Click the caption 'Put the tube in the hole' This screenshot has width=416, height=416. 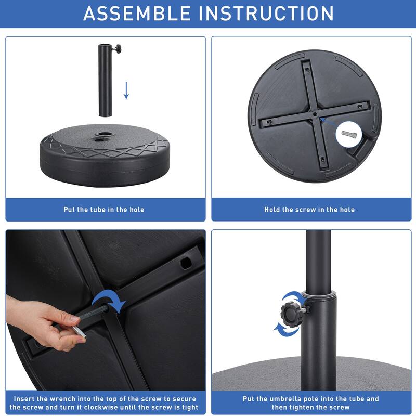pos(104,210)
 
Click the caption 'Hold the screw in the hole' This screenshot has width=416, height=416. pos(309,210)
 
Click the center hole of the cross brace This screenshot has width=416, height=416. pos(315,113)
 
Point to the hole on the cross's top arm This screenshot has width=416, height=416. pos(307,69)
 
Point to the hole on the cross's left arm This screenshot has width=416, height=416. pos(270,122)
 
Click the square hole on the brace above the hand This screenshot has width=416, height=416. pos(185,263)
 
